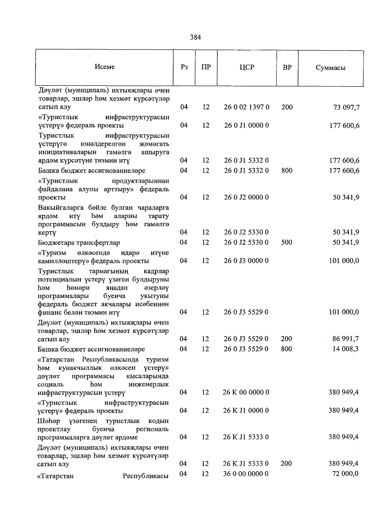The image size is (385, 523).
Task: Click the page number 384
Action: pyautogui.click(x=195, y=37)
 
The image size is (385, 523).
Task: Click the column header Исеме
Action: pyautogui.click(x=105, y=67)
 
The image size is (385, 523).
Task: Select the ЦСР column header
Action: pyautogui.click(x=246, y=67)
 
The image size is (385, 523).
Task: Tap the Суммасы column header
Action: pyautogui.click(x=330, y=68)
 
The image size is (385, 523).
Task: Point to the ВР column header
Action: pyautogui.click(x=287, y=67)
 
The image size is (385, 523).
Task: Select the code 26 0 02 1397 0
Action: pyautogui.click(x=246, y=107)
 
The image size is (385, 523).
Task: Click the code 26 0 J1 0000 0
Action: pyautogui.click(x=246, y=125)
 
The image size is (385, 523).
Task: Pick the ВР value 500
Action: pyautogui.click(x=287, y=242)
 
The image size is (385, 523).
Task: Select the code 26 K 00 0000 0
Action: pyautogui.click(x=246, y=392)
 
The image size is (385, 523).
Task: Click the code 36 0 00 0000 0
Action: pyautogui.click(x=246, y=474)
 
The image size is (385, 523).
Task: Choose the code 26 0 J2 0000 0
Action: pyautogui.click(x=246, y=197)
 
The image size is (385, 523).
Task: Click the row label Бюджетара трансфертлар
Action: pyautogui.click(x=79, y=242)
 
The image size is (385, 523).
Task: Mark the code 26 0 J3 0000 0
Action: pyautogui.click(x=246, y=261)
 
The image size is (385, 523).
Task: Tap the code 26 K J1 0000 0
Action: pyautogui.click(x=246, y=410)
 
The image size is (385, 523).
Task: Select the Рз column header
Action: pyautogui.click(x=184, y=67)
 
